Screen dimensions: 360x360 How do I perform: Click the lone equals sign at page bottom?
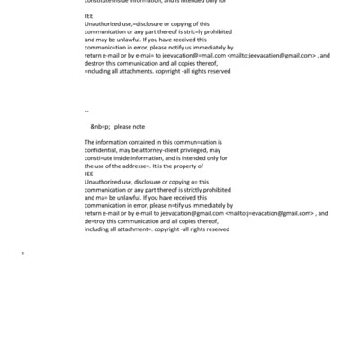point(22,254)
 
